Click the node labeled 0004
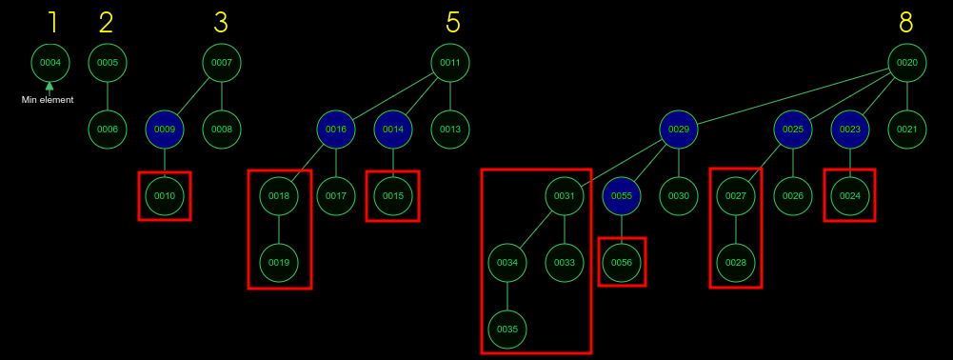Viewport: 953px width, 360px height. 50,63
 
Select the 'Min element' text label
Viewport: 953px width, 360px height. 49,100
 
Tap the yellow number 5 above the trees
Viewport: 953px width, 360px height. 453,22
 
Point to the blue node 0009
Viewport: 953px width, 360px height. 165,129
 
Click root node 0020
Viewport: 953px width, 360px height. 907,63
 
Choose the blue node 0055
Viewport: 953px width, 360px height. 622,195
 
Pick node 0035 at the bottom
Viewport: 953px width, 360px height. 507,329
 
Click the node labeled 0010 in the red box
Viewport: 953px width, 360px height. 165,195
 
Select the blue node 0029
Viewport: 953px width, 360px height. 679,129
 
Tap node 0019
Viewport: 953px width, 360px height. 279,262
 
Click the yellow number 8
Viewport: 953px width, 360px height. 907,22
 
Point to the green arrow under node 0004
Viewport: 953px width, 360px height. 50,87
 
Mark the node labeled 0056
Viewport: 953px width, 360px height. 622,262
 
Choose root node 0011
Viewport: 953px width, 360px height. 450,63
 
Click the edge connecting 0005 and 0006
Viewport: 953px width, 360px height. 108,95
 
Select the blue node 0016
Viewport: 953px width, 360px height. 336,129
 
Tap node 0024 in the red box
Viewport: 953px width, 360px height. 850,195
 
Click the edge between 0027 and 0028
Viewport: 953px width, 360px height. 736,229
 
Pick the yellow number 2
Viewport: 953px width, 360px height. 106,22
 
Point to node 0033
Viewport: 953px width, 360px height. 565,262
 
